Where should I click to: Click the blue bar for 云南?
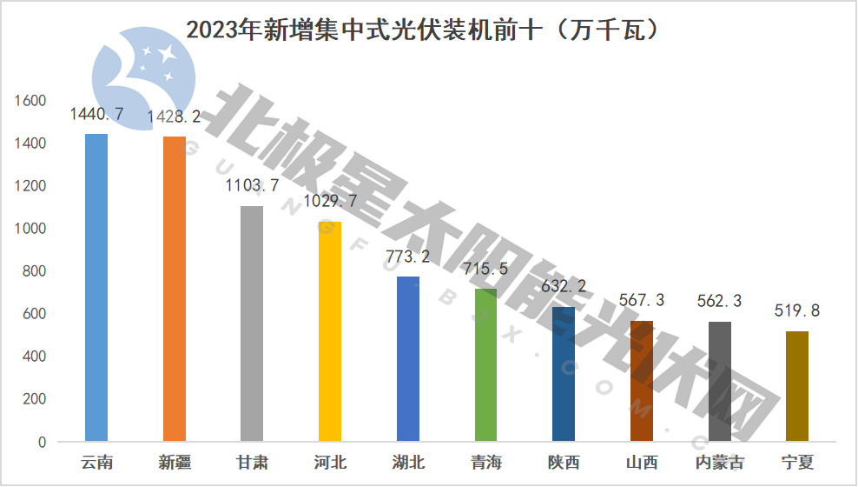(96, 287)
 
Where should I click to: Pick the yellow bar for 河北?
(329, 331)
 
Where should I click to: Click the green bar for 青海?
(485, 365)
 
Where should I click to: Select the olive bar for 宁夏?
(797, 386)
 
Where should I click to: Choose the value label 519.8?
(797, 310)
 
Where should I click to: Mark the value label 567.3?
(642, 300)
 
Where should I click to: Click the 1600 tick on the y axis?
(30, 101)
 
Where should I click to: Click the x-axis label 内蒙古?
(720, 462)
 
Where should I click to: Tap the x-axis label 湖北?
(407, 462)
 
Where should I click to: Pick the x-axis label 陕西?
(564, 462)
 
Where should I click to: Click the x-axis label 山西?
(642, 462)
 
